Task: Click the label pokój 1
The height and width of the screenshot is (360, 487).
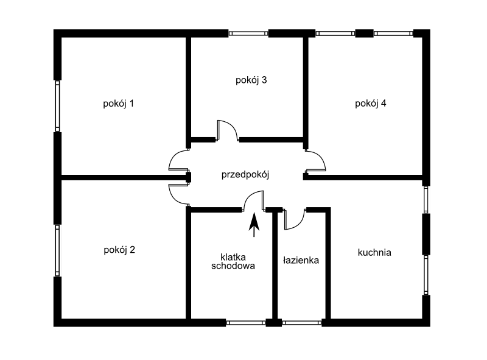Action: (118, 104)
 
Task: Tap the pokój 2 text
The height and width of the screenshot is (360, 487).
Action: (119, 250)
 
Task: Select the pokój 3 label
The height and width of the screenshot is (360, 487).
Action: (251, 80)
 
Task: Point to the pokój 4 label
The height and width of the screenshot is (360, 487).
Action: (371, 104)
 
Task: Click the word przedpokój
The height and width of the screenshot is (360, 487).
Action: (245, 175)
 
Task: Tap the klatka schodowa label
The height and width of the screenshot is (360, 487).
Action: (233, 261)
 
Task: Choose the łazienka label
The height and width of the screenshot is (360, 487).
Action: (301, 260)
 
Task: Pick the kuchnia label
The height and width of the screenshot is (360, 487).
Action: (374, 252)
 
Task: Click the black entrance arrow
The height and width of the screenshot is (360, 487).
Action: (254, 225)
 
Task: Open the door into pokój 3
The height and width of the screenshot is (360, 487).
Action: (227, 130)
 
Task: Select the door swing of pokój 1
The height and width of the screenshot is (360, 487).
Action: (179, 160)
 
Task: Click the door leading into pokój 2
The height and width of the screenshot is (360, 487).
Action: (179, 194)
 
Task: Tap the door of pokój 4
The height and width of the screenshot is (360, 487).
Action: (315, 161)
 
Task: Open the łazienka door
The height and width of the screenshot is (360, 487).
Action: (295, 219)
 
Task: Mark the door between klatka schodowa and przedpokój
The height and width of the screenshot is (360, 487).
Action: (254, 201)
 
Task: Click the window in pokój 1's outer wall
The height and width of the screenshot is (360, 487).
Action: (57, 106)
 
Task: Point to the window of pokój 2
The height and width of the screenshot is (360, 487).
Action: (57, 250)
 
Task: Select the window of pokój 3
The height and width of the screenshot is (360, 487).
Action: (248, 34)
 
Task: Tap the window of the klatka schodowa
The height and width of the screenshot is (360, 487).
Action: (246, 323)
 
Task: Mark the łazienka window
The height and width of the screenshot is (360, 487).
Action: (302, 323)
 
